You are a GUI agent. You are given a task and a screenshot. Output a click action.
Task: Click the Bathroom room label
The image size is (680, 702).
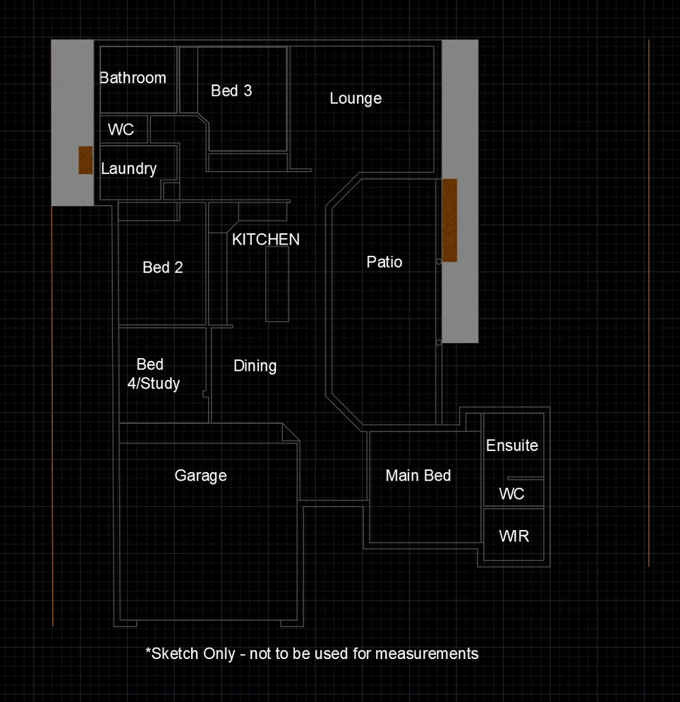133,78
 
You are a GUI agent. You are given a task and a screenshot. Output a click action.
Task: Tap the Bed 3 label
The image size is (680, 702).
231,91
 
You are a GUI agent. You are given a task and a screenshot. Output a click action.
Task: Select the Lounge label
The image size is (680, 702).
356,99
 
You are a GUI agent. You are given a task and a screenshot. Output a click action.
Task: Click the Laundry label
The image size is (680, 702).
128,169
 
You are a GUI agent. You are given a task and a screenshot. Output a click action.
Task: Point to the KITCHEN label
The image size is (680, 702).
266,240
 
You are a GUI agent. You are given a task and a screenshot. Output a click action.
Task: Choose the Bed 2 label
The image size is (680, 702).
162,268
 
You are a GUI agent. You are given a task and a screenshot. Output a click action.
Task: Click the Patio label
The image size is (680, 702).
384,262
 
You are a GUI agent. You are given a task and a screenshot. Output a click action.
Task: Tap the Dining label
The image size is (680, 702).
255,366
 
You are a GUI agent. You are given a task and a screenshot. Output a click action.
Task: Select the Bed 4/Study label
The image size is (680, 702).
153,374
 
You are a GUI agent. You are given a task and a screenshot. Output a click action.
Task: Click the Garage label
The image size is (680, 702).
200,476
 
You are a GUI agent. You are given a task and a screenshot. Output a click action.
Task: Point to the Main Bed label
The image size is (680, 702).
418,476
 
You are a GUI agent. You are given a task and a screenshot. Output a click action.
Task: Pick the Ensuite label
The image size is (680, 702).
512,445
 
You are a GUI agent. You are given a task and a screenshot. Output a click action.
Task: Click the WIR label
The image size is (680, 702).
514,536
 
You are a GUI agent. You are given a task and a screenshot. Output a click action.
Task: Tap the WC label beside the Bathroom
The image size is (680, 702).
121,130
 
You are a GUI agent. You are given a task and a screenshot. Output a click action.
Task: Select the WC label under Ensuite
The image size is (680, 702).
511,494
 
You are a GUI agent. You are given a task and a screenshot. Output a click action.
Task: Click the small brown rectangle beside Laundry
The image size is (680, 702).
85,160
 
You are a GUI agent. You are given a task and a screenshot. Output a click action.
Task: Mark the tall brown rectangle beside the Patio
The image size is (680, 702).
449,220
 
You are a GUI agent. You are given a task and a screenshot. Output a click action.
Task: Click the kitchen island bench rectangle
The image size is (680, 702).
277,284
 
